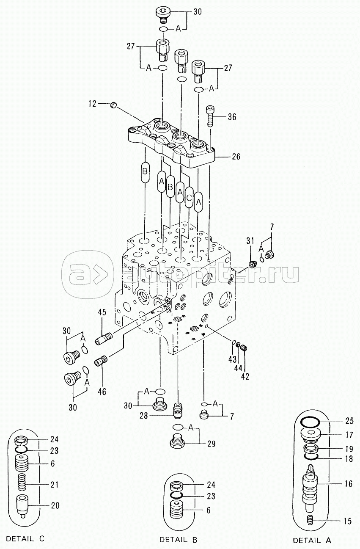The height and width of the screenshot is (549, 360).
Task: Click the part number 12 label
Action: pyautogui.click(x=93, y=104)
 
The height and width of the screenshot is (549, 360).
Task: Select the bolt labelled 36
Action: pyautogui.click(x=210, y=116)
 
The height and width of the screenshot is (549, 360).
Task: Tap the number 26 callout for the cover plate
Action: pyautogui.click(x=236, y=156)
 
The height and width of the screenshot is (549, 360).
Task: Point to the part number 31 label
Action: pyautogui.click(x=250, y=241)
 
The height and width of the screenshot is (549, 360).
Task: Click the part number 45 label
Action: pyautogui.click(x=102, y=312)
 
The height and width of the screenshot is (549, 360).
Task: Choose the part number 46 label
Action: pyautogui.click(x=102, y=392)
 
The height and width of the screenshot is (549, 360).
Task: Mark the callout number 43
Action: pyautogui.click(x=232, y=359)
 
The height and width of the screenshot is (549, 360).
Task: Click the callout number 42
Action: pyautogui.click(x=245, y=376)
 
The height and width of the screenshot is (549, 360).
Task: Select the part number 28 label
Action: pyautogui.click(x=144, y=416)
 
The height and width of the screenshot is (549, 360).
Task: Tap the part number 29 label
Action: pyautogui.click(x=211, y=444)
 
